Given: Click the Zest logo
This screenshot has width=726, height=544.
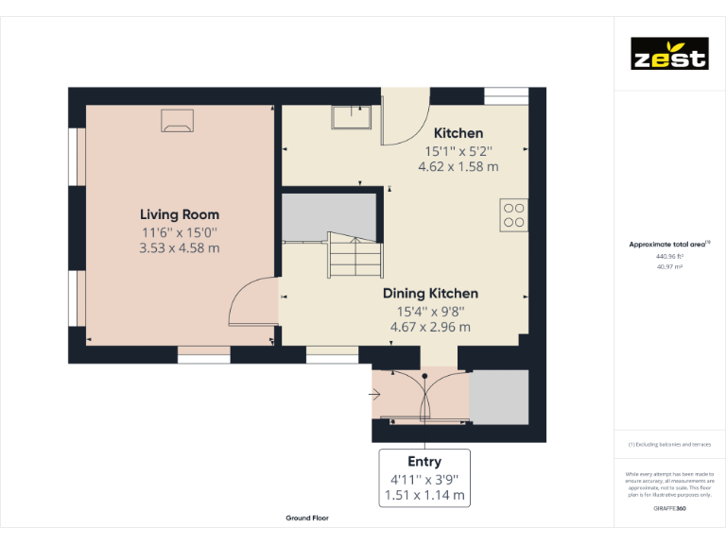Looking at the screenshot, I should (x=669, y=54).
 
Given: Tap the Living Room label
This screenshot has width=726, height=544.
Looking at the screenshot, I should (x=180, y=214).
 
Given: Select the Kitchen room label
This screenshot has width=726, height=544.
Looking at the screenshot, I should (x=458, y=133).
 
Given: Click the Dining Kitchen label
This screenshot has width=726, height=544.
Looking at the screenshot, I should (x=430, y=294).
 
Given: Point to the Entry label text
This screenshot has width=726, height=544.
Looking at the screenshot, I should (x=424, y=462).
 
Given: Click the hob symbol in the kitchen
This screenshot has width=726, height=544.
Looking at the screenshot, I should (x=514, y=215).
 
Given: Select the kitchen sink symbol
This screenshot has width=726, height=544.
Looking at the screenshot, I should (x=351, y=116).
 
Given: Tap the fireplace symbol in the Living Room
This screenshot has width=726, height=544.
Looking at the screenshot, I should (x=177, y=119).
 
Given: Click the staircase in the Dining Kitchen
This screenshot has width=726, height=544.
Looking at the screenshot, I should (x=354, y=255).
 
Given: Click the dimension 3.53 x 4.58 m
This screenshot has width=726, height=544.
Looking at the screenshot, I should (x=180, y=248).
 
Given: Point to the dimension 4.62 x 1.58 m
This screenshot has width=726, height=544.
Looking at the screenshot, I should (x=458, y=166).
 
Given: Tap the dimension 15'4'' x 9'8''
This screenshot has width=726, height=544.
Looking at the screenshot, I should (x=430, y=311).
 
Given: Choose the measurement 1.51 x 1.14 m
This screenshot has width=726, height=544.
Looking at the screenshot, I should (x=424, y=495).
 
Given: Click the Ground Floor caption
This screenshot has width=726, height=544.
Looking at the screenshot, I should (x=307, y=518).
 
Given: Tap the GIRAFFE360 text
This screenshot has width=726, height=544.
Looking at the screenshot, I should (x=669, y=509).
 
